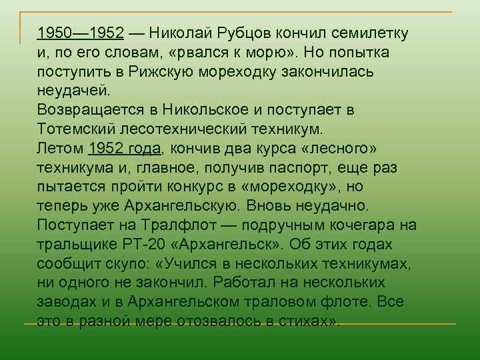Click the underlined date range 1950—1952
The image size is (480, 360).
tap(81, 33)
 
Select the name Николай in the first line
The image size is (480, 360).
tap(180, 33)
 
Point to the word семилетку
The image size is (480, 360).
tap(371, 33)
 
